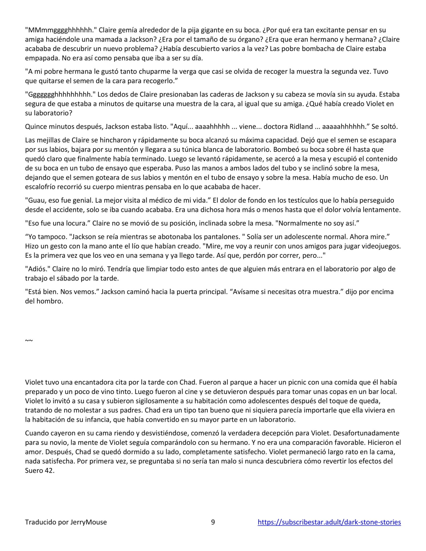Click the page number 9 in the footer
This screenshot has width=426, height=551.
pos(213,522)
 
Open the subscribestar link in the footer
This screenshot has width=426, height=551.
pos(329,522)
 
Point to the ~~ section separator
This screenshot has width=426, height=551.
pos(29,340)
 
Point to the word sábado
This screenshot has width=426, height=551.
pos(69,278)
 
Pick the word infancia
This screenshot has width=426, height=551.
pos(98,420)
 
